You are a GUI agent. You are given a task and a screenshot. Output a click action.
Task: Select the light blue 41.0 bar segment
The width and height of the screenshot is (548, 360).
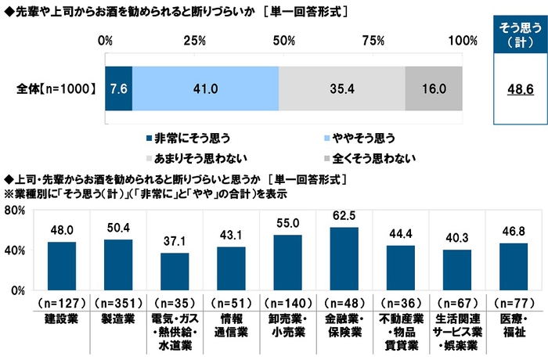pos(205,89)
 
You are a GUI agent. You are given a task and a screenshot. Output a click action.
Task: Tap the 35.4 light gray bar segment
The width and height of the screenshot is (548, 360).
pos(341,89)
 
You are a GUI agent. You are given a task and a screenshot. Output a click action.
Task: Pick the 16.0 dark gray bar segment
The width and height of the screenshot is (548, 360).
pos(434,89)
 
